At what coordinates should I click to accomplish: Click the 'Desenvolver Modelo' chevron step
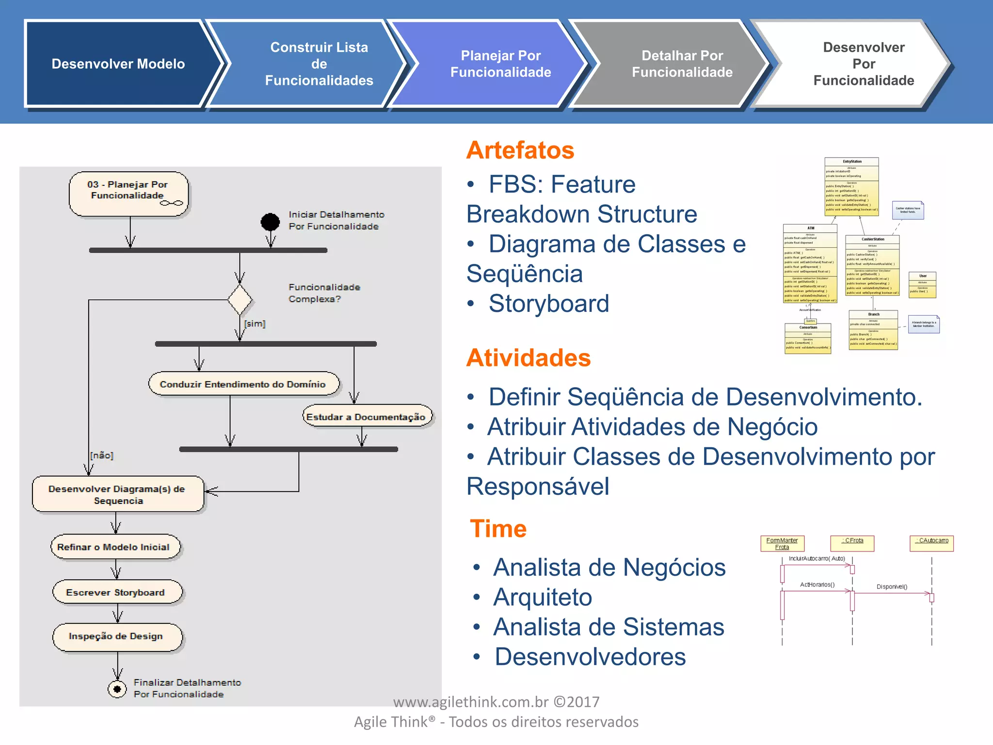click(118, 64)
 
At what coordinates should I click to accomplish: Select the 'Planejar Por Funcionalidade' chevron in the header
click(500, 64)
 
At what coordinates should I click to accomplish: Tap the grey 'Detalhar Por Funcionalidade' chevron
click(682, 64)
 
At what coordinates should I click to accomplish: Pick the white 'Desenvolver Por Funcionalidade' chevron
click(863, 64)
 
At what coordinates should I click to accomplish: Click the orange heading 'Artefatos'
click(520, 150)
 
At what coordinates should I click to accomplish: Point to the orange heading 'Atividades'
click(529, 357)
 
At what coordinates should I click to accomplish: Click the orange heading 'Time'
click(498, 528)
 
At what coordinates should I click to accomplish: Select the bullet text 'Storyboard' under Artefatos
click(548, 304)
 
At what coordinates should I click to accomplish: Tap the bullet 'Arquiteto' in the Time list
click(543, 597)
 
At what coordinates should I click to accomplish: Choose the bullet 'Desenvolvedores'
click(590, 657)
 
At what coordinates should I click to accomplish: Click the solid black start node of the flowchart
click(270, 222)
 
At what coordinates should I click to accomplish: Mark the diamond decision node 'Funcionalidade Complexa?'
click(240, 300)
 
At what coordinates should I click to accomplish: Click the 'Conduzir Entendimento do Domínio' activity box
click(243, 384)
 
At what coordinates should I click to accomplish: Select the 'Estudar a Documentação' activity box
click(367, 417)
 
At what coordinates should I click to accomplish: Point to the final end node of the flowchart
click(117, 688)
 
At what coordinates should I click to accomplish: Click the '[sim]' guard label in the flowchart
click(255, 324)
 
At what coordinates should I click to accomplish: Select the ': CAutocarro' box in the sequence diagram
click(931, 543)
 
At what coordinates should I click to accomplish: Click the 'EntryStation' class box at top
click(851, 186)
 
